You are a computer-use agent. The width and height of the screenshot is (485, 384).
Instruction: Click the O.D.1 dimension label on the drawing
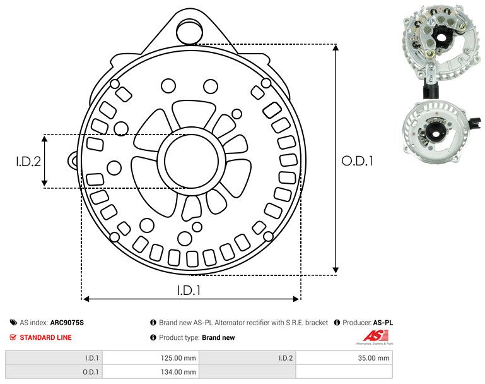click(358, 161)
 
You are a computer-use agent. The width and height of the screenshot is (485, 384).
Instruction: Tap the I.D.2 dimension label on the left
click(28, 161)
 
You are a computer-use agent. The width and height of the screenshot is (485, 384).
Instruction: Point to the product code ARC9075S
click(67, 323)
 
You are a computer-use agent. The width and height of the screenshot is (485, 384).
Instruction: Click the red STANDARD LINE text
click(45, 337)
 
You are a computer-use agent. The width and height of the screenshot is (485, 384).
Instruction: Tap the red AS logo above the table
click(373, 336)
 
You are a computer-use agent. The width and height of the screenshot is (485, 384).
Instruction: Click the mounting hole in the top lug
click(187, 29)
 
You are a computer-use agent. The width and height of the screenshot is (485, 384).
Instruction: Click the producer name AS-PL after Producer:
click(383, 323)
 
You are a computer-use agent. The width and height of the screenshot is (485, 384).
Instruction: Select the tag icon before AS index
click(13, 323)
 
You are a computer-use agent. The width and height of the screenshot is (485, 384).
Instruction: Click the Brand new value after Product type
click(218, 338)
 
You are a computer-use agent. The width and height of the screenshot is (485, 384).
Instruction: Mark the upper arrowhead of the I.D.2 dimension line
click(44, 138)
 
